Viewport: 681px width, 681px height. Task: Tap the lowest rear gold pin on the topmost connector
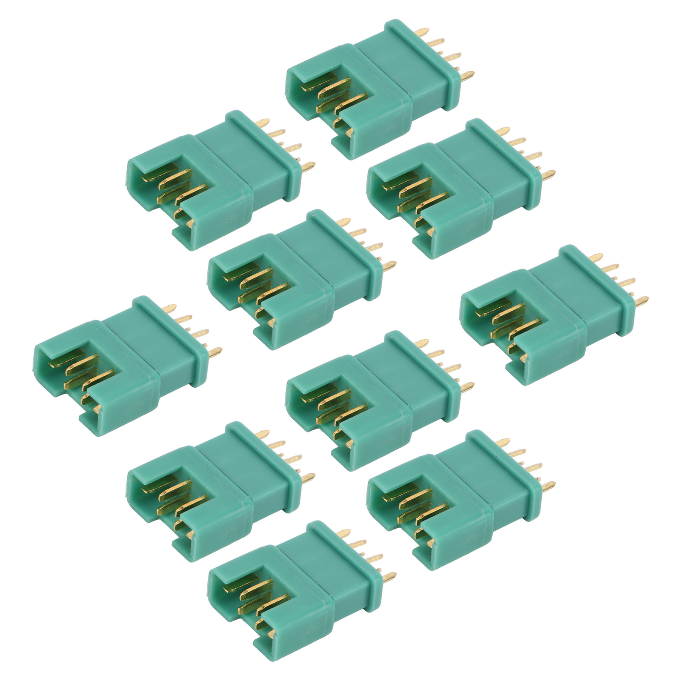point(467,77)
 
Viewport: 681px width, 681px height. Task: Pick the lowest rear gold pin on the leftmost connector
point(216,352)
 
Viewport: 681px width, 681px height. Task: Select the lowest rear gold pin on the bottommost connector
point(389,576)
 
